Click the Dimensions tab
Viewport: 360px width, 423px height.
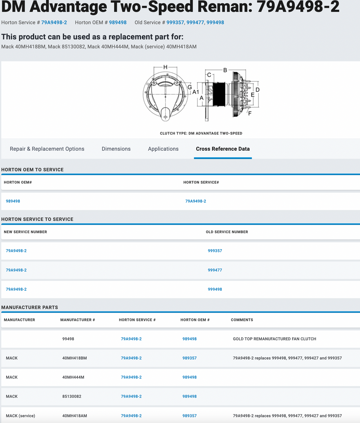coord(116,149)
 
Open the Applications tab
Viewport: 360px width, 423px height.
coord(163,149)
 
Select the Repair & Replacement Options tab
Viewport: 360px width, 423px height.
coord(47,149)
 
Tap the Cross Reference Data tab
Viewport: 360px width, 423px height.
coord(223,149)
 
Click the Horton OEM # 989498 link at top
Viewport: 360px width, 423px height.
coord(118,23)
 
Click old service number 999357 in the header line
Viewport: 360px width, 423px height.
coord(175,23)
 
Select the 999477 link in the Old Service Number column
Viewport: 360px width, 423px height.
coord(215,270)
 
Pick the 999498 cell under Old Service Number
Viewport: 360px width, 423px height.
coord(215,289)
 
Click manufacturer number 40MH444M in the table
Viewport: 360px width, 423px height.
coord(73,377)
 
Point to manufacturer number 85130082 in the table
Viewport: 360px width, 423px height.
coord(72,396)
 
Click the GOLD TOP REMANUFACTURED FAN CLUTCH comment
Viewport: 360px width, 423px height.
coord(274,339)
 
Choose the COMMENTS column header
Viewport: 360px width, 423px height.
coord(242,320)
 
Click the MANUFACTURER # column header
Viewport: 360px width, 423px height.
coord(78,320)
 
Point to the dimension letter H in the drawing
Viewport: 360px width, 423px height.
coord(165,67)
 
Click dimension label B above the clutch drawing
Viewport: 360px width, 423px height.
coord(225,70)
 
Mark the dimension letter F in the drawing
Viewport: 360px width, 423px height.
coord(250,113)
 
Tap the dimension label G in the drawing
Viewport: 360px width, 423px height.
coord(189,87)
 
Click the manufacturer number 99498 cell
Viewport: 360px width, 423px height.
coord(68,339)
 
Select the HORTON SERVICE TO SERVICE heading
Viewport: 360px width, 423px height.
coord(37,219)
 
